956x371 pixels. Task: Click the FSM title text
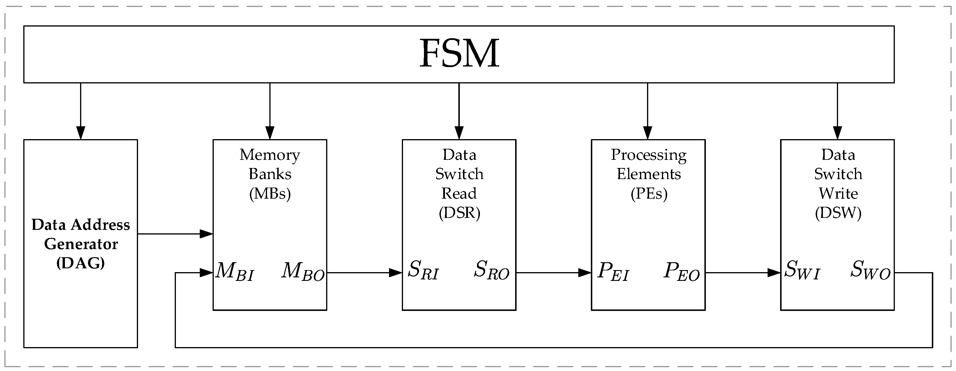(x=459, y=54)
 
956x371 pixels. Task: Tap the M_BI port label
(x=234, y=271)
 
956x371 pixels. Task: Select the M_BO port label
(x=303, y=271)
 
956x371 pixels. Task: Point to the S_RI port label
(x=423, y=271)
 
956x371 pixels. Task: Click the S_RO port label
(x=491, y=271)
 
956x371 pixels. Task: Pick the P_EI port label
(x=613, y=271)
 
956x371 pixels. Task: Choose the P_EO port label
(x=681, y=271)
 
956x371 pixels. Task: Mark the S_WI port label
(x=802, y=271)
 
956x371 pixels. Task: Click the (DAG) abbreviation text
(x=81, y=263)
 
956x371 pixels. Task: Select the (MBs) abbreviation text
(x=270, y=194)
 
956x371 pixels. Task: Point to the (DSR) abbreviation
(x=459, y=213)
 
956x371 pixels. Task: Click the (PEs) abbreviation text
(x=649, y=194)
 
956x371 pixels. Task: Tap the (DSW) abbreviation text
(x=838, y=213)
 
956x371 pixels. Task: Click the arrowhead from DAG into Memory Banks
(x=206, y=234)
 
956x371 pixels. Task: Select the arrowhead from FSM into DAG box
(x=81, y=133)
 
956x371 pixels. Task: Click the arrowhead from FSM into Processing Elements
(x=648, y=133)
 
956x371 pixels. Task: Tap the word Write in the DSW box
(x=838, y=194)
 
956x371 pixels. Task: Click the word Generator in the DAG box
(x=81, y=244)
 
